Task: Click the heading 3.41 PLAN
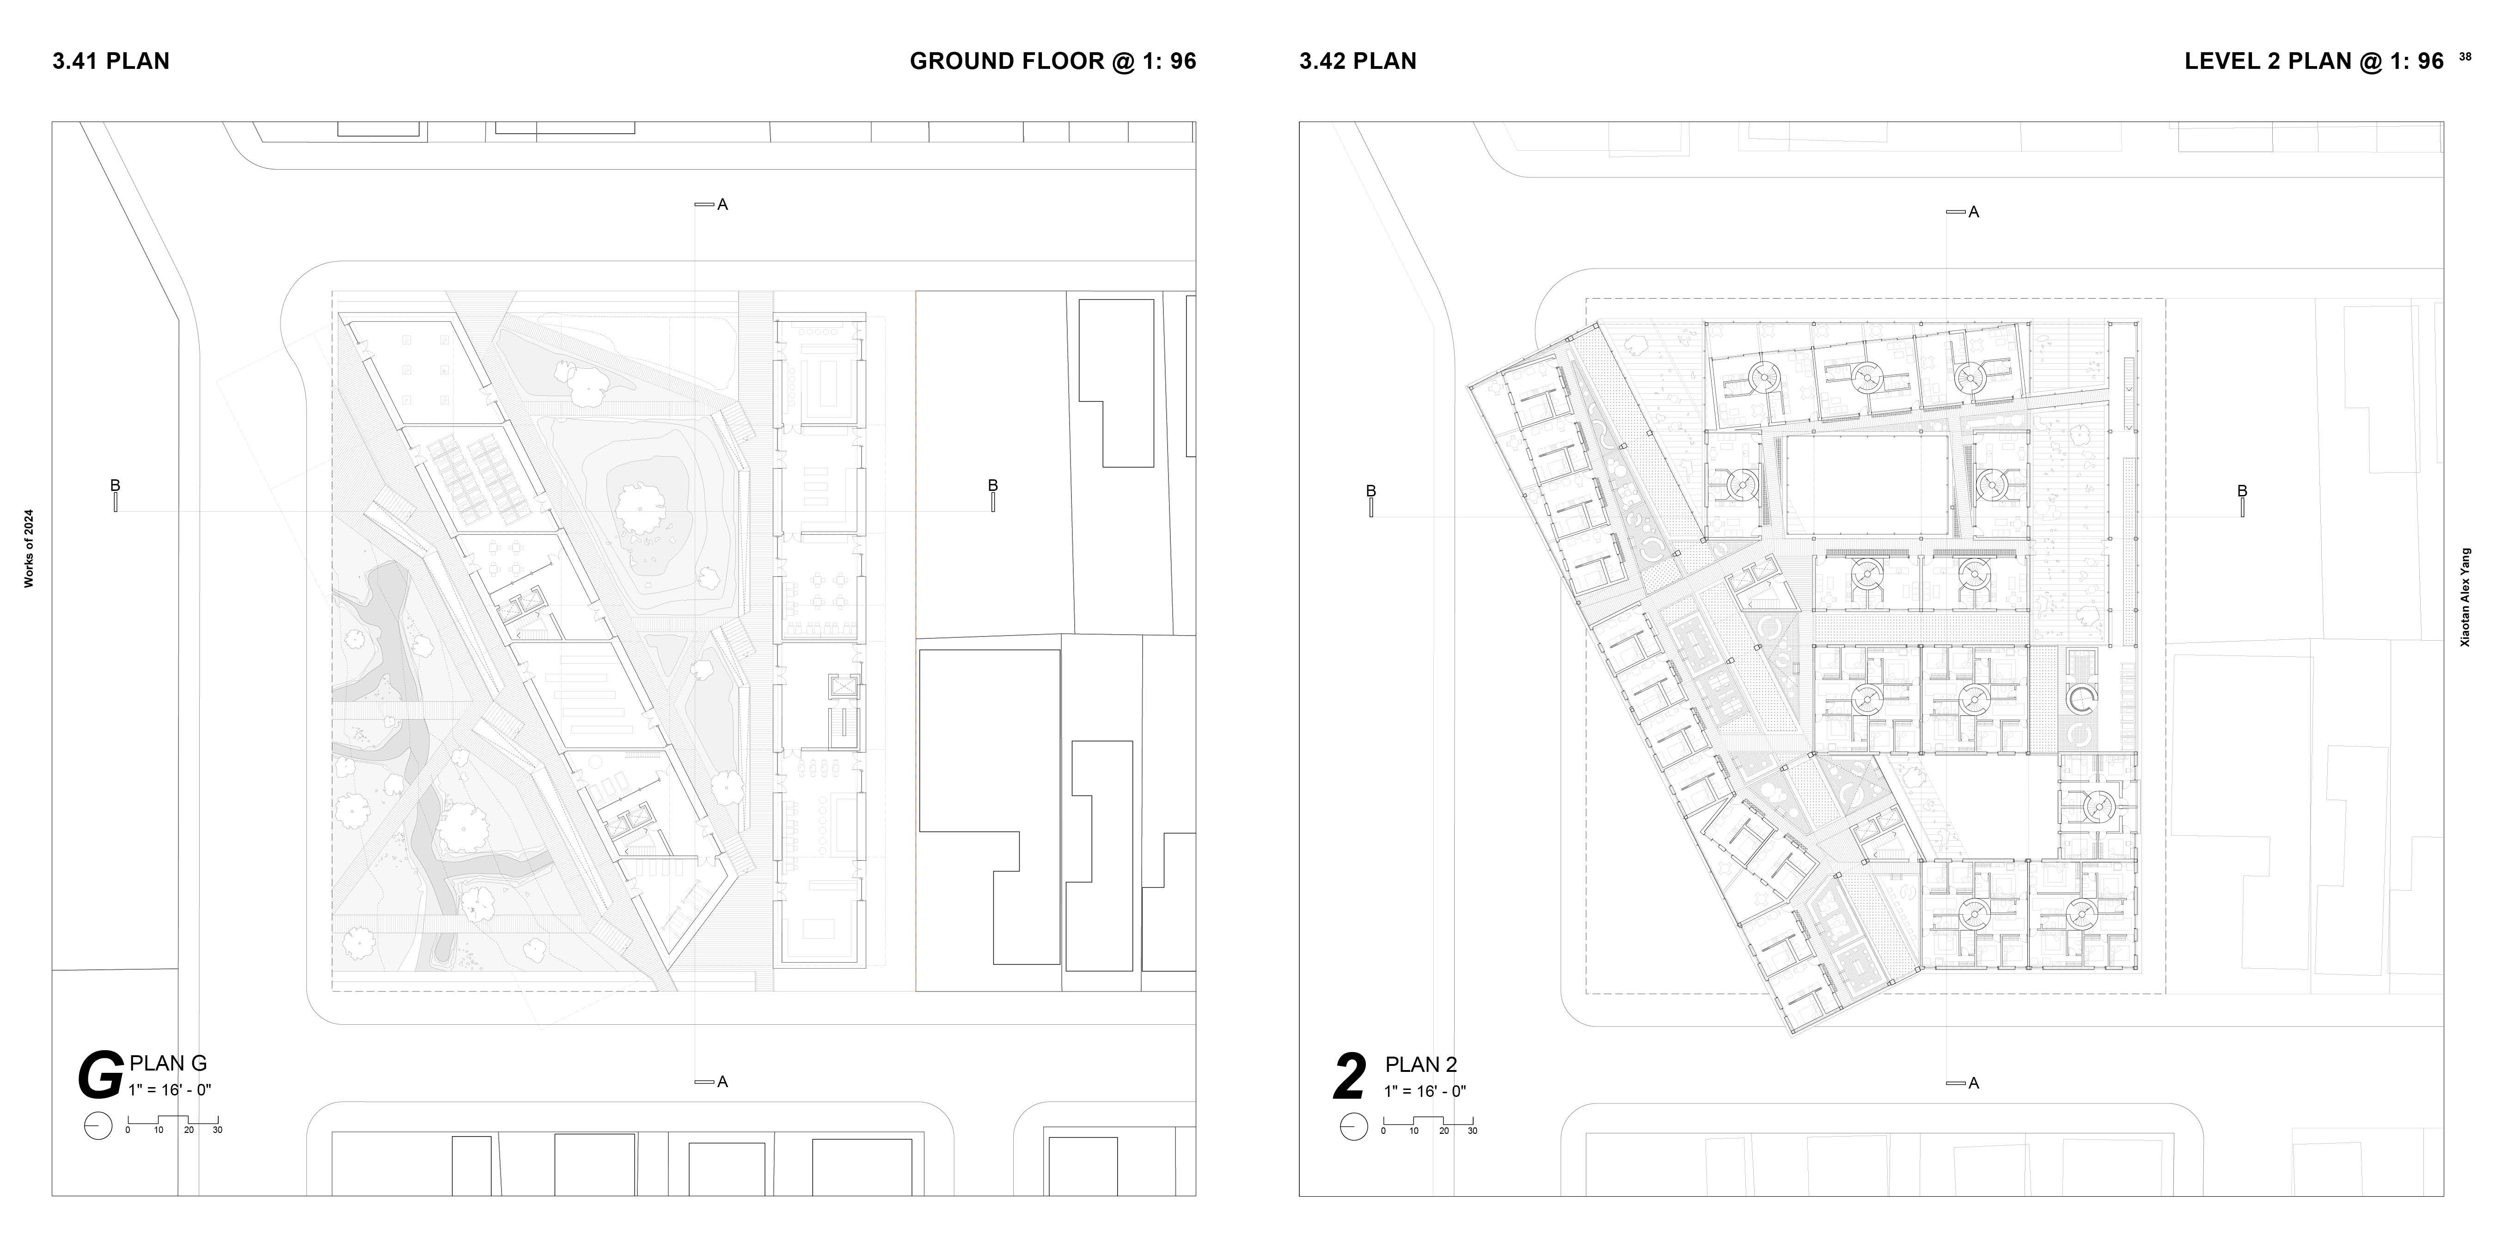pos(110,61)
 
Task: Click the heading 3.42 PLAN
pos(1358,61)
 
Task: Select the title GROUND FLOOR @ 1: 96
pos(1052,61)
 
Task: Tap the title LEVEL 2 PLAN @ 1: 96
pos(2314,61)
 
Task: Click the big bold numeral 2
pos(1350,1077)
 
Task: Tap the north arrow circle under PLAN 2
pos(1353,1127)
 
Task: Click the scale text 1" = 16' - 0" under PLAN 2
pos(1425,1091)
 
